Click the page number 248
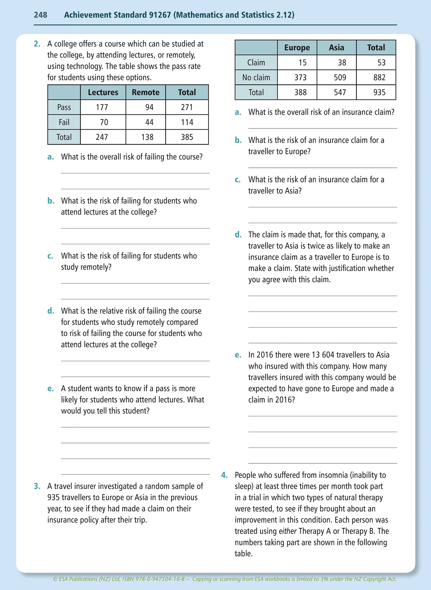point(40,15)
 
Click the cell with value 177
point(102,107)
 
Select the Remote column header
point(146,92)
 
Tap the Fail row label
point(64,122)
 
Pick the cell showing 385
point(187,137)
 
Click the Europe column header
point(297,48)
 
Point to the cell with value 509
point(340,78)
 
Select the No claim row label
point(256,78)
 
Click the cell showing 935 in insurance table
point(379,92)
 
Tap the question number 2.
point(37,44)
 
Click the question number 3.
point(37,486)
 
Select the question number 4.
point(224,475)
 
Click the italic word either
point(288,531)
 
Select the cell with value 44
point(149,122)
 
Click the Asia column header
point(336,48)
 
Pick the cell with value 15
point(302,63)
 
